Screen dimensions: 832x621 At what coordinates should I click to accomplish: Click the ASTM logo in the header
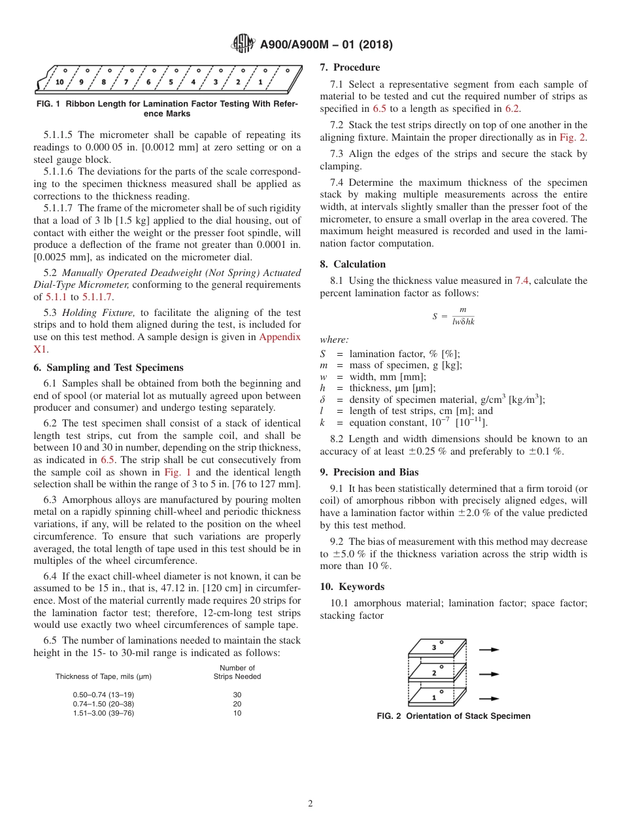pyautogui.click(x=243, y=44)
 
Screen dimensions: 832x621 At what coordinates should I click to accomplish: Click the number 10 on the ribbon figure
pyautogui.click(x=59, y=82)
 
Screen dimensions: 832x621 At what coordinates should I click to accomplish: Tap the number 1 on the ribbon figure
pyautogui.click(x=260, y=82)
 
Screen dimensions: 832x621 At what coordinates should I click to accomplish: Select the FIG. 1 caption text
pyautogui.click(x=167, y=109)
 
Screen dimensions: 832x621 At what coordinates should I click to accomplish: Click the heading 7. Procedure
pyautogui.click(x=350, y=67)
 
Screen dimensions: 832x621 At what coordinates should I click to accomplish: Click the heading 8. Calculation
pyautogui.click(x=353, y=264)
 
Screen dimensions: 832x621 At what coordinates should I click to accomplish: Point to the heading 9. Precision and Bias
pyautogui.click(x=369, y=472)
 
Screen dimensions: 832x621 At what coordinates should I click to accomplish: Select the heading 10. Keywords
pyautogui.click(x=352, y=587)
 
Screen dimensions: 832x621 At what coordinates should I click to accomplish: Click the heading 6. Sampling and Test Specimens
pyautogui.click(x=109, y=368)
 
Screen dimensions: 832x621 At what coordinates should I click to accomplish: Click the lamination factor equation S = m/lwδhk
pyautogui.click(x=454, y=316)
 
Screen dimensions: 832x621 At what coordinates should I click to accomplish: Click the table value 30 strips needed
pyautogui.click(x=237, y=694)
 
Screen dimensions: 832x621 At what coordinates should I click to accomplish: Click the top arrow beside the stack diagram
pyautogui.click(x=489, y=650)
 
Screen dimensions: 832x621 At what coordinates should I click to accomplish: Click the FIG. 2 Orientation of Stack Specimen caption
pyautogui.click(x=454, y=716)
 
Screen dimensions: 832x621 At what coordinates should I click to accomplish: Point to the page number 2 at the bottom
pyautogui.click(x=310, y=804)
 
